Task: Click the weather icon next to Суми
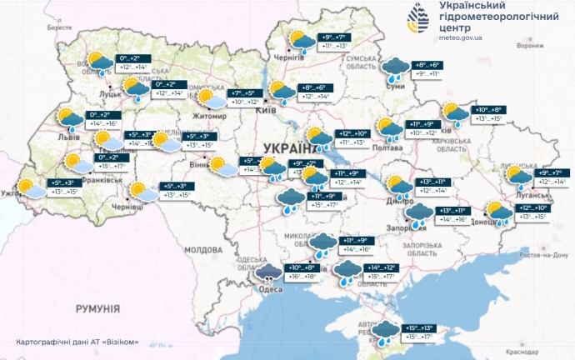pos(394,67)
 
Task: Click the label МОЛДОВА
pos(202,249)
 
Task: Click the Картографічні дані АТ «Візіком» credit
pos(77,342)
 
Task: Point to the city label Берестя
pos(60,28)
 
